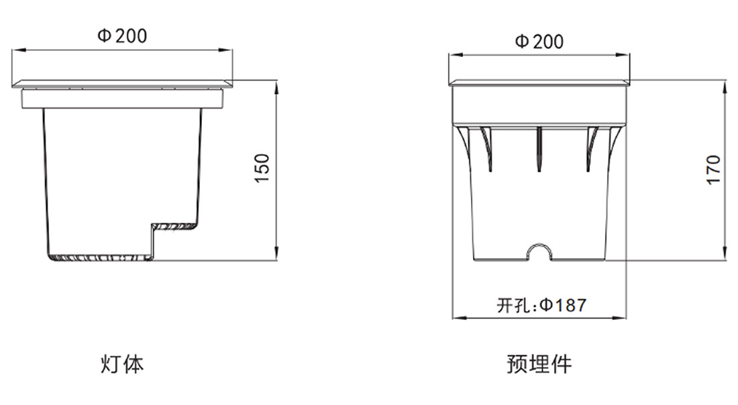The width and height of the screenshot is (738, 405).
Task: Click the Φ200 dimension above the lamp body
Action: pyautogui.click(x=122, y=36)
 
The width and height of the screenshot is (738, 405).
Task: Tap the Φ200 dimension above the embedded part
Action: pyautogui.click(x=539, y=42)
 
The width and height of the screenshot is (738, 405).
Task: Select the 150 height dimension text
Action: pyautogui.click(x=262, y=168)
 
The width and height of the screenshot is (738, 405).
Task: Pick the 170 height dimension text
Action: pyautogui.click(x=714, y=170)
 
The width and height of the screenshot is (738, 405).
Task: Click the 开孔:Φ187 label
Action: pyautogui.click(x=541, y=305)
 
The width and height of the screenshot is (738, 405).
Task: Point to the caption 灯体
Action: pyautogui.click(x=122, y=364)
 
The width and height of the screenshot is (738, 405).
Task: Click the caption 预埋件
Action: pyautogui.click(x=539, y=364)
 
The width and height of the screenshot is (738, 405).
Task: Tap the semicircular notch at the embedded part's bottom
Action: pyautogui.click(x=539, y=250)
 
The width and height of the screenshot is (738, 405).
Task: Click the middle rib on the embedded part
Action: pyautogui.click(x=539, y=149)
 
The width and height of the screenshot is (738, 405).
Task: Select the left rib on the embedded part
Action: pyautogui.click(x=487, y=149)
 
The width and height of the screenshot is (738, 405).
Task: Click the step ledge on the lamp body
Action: pyautogui.click(x=174, y=227)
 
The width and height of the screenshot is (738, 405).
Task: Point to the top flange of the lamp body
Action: pyautogui.click(x=122, y=84)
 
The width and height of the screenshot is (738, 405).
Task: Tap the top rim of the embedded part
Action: pyautogui.click(x=539, y=83)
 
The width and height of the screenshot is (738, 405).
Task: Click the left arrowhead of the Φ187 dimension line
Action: pyautogui.click(x=458, y=318)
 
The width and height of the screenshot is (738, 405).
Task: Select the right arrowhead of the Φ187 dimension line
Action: pyautogui.click(x=620, y=318)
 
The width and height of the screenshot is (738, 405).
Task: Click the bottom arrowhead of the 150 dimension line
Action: pyautogui.click(x=276, y=254)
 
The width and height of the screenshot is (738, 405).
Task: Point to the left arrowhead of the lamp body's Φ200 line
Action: pyautogui.click(x=18, y=50)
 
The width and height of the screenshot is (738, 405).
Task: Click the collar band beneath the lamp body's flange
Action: pyautogui.click(x=122, y=99)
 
